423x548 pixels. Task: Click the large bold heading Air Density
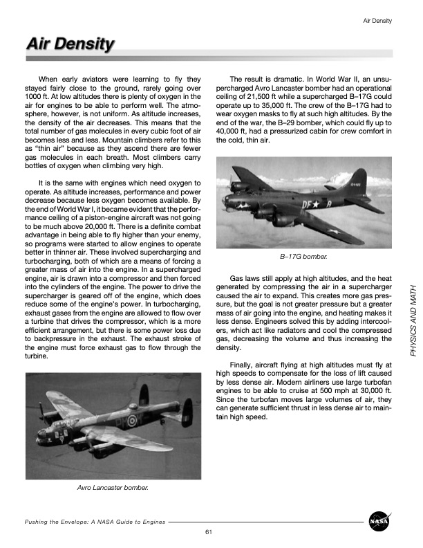point(69,44)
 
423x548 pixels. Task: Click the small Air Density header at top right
point(377,20)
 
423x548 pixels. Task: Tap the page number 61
point(207,531)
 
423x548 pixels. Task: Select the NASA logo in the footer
point(378,520)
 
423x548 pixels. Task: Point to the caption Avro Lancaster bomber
point(113,488)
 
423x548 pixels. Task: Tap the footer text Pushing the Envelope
point(95,521)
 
